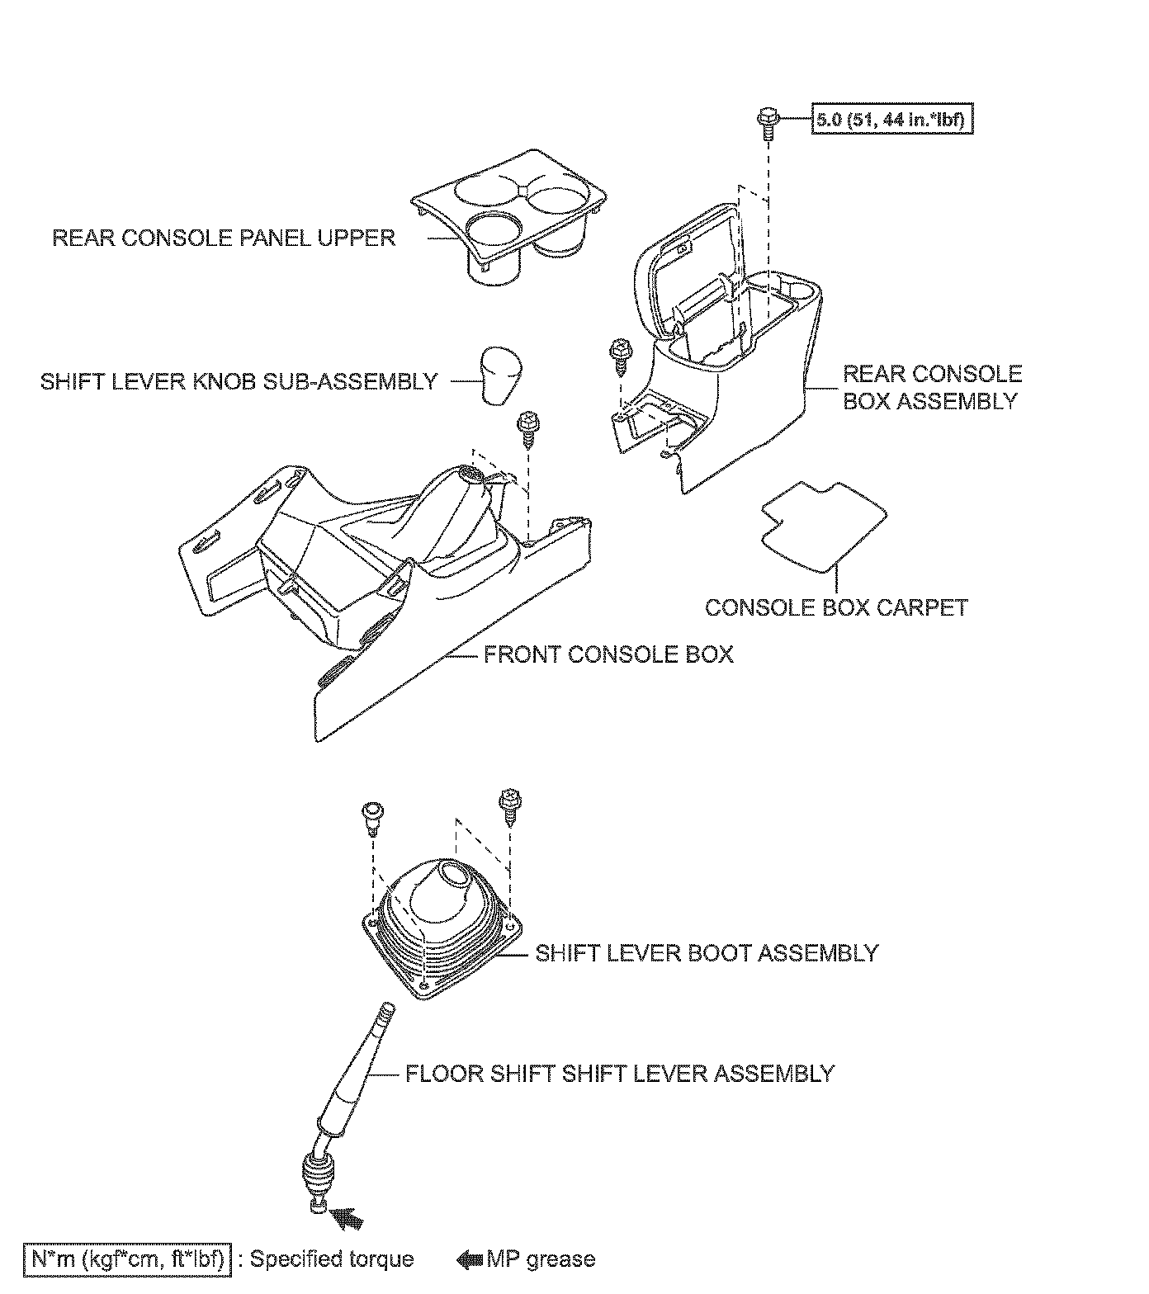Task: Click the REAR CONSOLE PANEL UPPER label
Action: [x=224, y=238]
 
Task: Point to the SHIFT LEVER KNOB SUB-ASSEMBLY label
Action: [x=239, y=381]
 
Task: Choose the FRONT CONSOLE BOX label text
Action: [x=608, y=654]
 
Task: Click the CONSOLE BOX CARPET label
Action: [x=836, y=607]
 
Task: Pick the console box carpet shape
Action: [x=823, y=527]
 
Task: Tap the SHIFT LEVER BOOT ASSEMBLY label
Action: [x=707, y=952]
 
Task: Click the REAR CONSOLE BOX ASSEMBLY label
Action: [x=932, y=387]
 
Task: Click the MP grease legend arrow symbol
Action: [x=470, y=1259]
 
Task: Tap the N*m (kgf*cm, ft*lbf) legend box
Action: [x=127, y=1259]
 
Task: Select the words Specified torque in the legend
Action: [x=332, y=1259]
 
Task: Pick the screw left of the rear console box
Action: [x=620, y=353]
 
